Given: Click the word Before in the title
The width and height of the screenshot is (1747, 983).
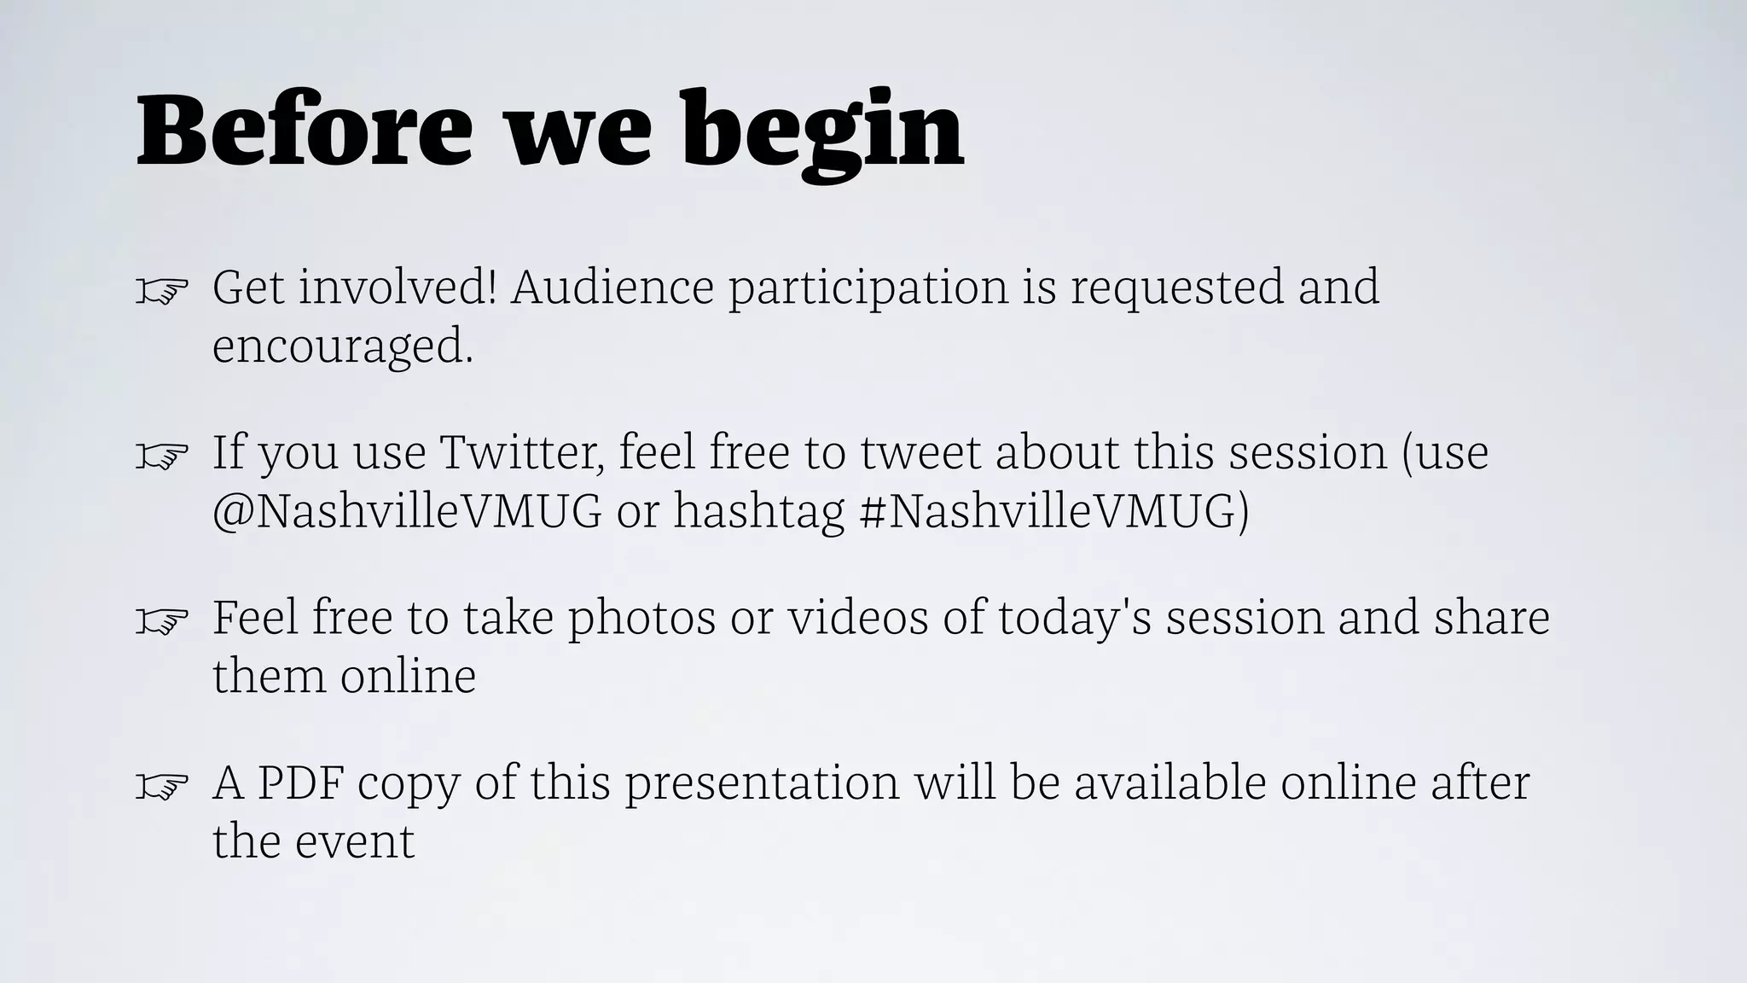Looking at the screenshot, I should pos(304,131).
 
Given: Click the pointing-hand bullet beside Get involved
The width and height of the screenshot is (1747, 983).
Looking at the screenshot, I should pos(162,292).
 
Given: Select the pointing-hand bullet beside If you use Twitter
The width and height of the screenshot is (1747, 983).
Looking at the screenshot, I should pos(162,457).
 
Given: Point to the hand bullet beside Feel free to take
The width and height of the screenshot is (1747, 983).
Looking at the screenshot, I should pos(162,621).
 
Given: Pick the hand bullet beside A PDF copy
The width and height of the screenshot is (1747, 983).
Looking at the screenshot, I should pos(162,786).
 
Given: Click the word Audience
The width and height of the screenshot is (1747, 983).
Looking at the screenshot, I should pos(612,287).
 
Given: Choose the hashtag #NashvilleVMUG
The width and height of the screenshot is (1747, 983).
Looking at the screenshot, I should pos(1054,511).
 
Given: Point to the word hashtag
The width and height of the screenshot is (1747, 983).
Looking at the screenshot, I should pos(758,511).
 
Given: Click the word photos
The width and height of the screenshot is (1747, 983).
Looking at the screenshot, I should pos(641,618).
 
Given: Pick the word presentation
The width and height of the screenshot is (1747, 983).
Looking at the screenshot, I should pos(762,783).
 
